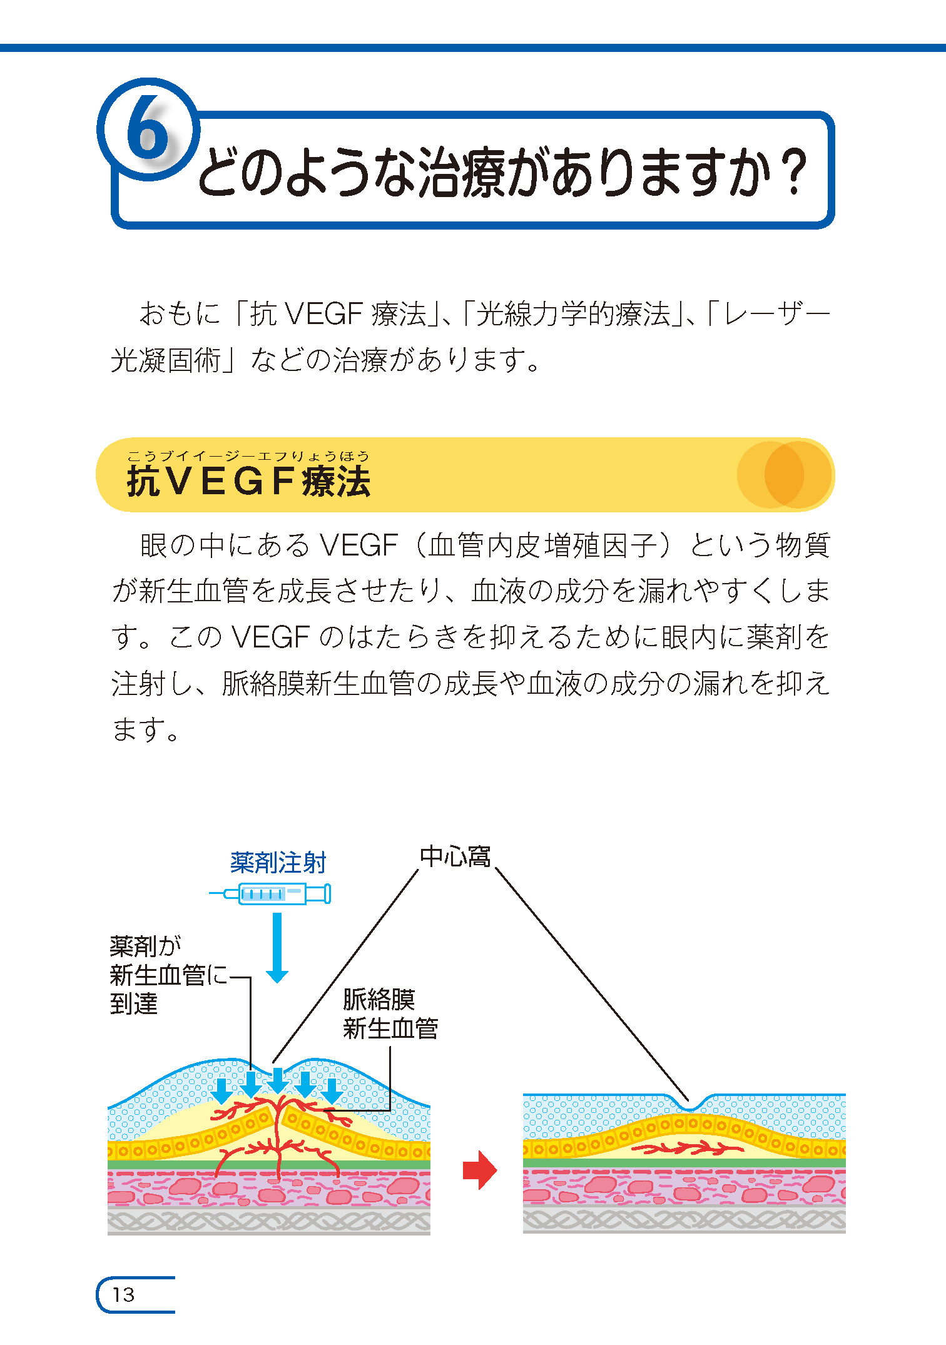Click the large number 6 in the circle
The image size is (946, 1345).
(x=148, y=128)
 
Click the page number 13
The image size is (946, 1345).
(x=123, y=1294)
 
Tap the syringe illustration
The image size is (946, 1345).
(x=270, y=893)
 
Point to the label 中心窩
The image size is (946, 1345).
(x=455, y=856)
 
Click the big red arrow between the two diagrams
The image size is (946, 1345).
(x=480, y=1169)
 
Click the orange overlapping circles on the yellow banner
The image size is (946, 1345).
(x=785, y=474)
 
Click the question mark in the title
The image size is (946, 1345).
(x=795, y=172)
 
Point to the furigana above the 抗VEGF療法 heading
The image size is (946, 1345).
(x=248, y=456)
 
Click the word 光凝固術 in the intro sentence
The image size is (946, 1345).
(x=166, y=360)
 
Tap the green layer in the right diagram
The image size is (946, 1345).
(x=684, y=1162)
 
